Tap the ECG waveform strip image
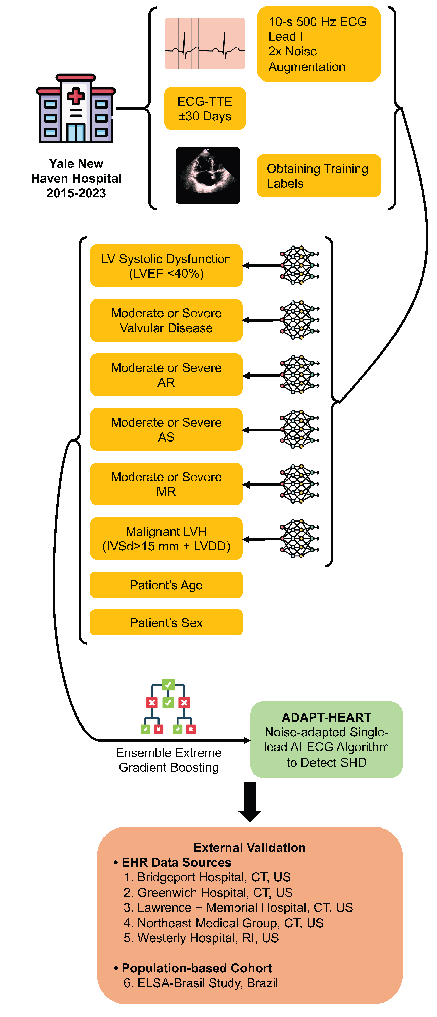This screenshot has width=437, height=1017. (x=205, y=43)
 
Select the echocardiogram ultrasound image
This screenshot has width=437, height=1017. (x=208, y=176)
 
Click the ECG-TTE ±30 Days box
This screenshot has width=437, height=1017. (x=205, y=109)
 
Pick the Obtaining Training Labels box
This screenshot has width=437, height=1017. (x=319, y=176)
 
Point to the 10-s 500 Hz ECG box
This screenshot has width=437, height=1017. (x=319, y=44)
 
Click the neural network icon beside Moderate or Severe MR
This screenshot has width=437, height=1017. (x=299, y=484)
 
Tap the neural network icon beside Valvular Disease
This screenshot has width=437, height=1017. (x=299, y=320)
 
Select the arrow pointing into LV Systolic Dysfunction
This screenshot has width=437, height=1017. (x=260, y=266)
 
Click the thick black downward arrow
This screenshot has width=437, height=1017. (x=250, y=801)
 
